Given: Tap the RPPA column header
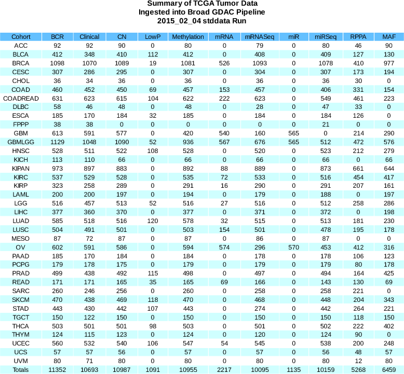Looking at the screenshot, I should [358, 37].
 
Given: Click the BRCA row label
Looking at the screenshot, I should [21, 63].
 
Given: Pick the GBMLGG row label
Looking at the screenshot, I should [21, 142].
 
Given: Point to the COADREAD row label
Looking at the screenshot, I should [21, 98].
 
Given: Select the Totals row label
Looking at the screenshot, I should [21, 369].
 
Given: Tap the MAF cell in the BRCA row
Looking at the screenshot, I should [388, 63].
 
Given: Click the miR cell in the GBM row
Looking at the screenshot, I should [293, 133].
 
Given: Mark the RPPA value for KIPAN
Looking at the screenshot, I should [358, 168].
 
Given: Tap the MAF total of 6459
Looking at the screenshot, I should [388, 369].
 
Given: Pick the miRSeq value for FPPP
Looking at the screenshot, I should [326, 124].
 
